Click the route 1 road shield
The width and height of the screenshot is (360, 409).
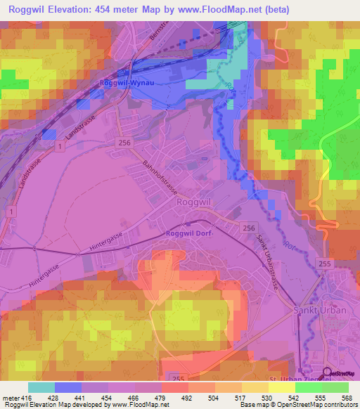point(62,146)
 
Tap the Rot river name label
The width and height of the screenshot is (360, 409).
point(288,246)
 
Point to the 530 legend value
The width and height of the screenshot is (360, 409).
point(265,398)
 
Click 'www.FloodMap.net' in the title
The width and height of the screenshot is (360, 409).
point(221,11)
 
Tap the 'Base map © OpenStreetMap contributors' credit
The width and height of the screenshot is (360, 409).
point(297,405)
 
